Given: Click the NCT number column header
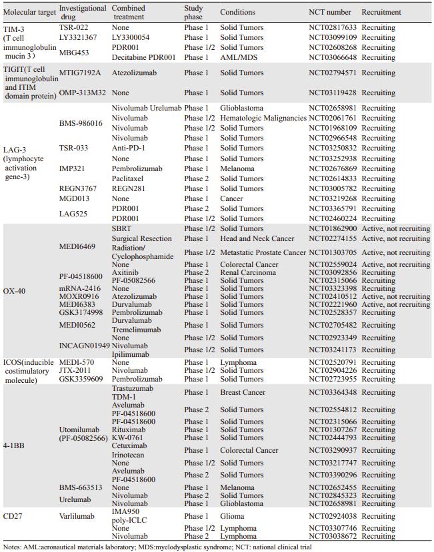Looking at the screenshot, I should (332, 12).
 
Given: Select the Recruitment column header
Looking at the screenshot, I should (381, 12).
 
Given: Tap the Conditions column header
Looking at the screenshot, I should (237, 12).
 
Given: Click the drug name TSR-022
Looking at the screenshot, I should (73, 28).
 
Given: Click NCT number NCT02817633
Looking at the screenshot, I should (333, 28).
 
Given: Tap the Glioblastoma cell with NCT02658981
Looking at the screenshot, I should (243, 108).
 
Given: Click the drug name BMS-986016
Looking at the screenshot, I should (81, 123).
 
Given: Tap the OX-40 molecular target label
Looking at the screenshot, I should (15, 292).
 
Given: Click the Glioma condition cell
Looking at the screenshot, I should (233, 516).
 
